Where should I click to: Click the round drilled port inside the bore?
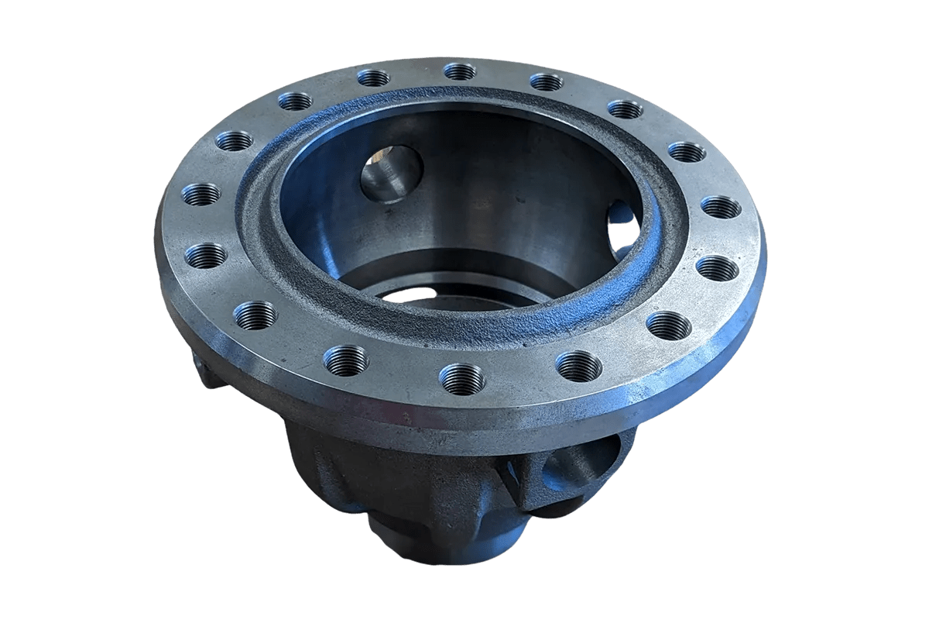391,174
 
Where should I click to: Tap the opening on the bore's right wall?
624,226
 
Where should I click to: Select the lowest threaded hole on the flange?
462,378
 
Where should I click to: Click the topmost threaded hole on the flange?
460,71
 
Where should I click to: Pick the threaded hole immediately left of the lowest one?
346,360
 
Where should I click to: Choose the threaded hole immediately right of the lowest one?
578,366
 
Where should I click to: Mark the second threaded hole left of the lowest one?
255,315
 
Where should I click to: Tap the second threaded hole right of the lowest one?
668,325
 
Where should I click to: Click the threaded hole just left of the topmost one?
373,77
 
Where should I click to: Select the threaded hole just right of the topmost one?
547,81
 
